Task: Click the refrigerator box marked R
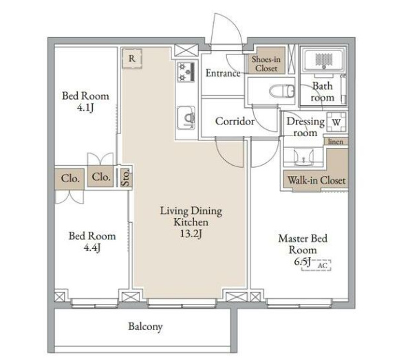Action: (x=132, y=58)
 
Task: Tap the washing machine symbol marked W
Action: (x=336, y=122)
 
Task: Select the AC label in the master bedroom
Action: (x=323, y=265)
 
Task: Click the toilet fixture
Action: (x=282, y=91)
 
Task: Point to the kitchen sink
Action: (x=186, y=118)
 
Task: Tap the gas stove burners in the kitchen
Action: (x=186, y=72)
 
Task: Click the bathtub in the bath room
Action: (x=324, y=61)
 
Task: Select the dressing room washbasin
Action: (x=303, y=157)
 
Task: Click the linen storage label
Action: (x=336, y=142)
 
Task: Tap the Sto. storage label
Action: (x=126, y=178)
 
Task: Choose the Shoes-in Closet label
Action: (x=266, y=63)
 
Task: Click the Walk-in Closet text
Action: (x=316, y=180)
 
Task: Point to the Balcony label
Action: (x=145, y=327)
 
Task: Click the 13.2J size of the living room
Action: (x=191, y=234)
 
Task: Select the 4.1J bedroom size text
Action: (x=85, y=108)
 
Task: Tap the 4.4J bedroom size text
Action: (x=92, y=248)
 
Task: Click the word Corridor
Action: (x=235, y=121)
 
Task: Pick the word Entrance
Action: (x=223, y=74)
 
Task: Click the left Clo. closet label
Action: (x=70, y=178)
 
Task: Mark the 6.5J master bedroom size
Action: (x=303, y=261)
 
